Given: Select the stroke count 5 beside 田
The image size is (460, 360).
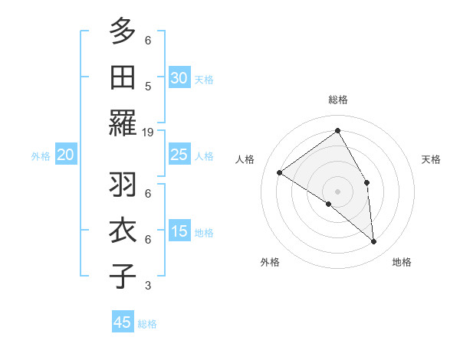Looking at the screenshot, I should coord(148,86).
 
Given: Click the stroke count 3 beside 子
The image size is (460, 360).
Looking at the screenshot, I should coord(148,286).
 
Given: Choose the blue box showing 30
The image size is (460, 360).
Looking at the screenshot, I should coord(179,78).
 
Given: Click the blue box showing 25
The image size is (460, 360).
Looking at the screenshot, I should coord(179,155).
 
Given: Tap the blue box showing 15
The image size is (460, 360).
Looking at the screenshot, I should coord(179,231).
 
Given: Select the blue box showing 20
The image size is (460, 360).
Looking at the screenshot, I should coord(66,155).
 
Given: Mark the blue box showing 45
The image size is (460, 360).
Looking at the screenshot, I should coord(123,322).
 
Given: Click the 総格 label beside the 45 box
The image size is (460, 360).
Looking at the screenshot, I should coord(147,324).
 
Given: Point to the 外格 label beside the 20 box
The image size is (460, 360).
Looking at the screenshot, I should coord(41,156).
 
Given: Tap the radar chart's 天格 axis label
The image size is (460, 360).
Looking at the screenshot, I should coord(432,159).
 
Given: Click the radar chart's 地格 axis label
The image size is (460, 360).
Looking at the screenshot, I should coord(402,262).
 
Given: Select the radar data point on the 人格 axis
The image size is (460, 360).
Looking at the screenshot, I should coord(280,173).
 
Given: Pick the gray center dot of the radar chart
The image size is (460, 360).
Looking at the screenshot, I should coord(337,191).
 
